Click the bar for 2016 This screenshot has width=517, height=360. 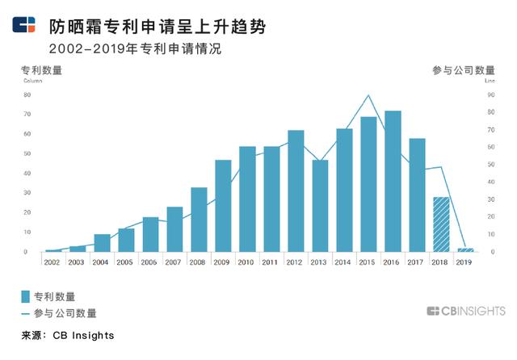click(393, 182)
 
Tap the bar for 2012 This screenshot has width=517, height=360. click(296, 191)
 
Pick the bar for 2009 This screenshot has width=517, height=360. click(223, 206)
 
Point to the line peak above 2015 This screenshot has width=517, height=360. click(368, 95)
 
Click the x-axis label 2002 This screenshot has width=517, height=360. click(53, 262)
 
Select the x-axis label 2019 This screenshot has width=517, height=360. click(465, 262)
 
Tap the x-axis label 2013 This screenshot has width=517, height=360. click(320, 262)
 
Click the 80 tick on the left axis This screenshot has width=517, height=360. click(26, 94)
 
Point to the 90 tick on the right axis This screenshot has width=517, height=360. click(490, 94)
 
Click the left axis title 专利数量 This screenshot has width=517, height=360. click(41, 70)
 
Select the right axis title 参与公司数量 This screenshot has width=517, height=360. click(464, 70)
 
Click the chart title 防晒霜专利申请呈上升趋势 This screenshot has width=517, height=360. click(152, 26)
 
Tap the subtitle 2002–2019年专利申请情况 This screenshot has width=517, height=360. click(135, 49)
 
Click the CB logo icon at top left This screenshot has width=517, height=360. click(23, 25)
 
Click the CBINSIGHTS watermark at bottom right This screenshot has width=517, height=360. click(465, 311)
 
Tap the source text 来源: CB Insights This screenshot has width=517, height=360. click(68, 335)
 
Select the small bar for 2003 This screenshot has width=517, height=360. click(78, 249)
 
